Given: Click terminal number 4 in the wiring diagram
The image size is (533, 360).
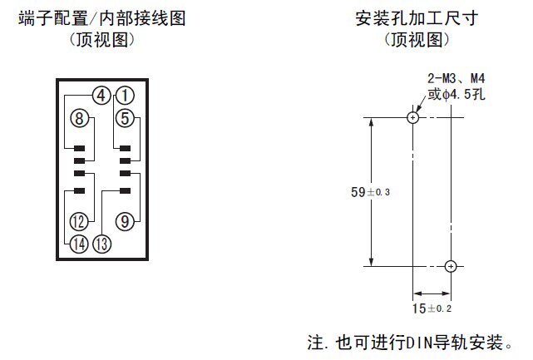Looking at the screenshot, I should click(x=101, y=95).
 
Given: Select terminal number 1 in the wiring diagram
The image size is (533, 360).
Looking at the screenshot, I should click(x=124, y=95).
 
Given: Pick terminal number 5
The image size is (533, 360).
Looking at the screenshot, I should click(x=124, y=118).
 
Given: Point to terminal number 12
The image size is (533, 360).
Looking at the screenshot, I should click(x=79, y=221).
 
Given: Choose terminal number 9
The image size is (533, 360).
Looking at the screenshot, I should click(x=124, y=221).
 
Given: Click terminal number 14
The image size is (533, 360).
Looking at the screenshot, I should click(x=79, y=244).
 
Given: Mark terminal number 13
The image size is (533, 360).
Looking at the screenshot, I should click(x=102, y=244).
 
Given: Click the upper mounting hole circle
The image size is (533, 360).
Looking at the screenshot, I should click(x=413, y=117).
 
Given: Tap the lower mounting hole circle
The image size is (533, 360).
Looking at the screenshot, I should click(x=451, y=266).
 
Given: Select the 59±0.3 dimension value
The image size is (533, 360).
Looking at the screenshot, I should click(x=371, y=192).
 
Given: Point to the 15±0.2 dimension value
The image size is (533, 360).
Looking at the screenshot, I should click(x=431, y=308).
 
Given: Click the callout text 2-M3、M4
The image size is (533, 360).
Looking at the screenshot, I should click(x=457, y=79).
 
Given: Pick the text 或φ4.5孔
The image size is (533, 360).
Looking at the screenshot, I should click(x=457, y=95).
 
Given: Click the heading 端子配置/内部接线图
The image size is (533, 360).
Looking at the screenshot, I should click(x=101, y=17).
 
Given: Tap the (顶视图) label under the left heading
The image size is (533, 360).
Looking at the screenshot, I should click(x=101, y=39).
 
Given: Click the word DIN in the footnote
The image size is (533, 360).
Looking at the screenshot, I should click(x=419, y=343).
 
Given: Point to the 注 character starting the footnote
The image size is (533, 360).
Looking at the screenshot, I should click(x=315, y=343).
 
